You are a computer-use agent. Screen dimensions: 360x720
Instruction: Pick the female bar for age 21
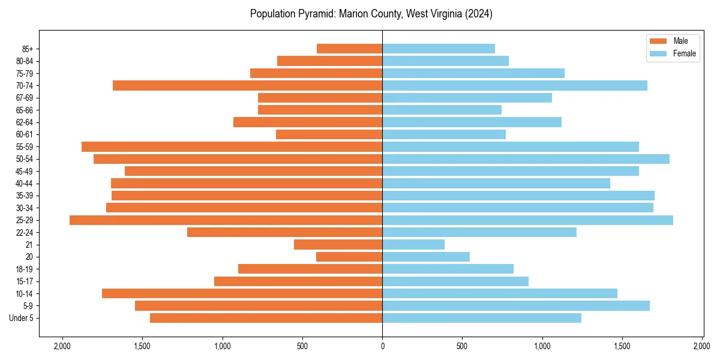[413, 245]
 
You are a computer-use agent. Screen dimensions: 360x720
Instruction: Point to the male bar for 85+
[349, 49]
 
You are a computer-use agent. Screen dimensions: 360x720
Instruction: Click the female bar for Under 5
[482, 318]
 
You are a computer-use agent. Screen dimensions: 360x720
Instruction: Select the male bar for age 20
[349, 257]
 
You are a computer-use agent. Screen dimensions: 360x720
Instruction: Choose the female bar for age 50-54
[526, 159]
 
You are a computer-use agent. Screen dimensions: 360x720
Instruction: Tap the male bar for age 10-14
[242, 293]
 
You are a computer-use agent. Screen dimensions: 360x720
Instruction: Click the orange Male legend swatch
[658, 41]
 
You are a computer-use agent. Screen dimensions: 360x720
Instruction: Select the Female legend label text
[685, 54]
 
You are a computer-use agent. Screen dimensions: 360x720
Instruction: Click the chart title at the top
[371, 14]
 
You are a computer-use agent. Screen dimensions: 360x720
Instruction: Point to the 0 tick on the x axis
[382, 346]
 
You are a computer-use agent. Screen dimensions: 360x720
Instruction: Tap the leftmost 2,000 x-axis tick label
[62, 346]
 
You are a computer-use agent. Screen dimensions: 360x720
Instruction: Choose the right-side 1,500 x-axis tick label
[622, 346]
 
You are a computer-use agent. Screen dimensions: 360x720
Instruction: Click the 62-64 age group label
[24, 122]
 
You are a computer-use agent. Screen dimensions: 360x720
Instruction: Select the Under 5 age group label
[22, 318]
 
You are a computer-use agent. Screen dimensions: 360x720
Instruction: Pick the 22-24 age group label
[24, 232]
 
